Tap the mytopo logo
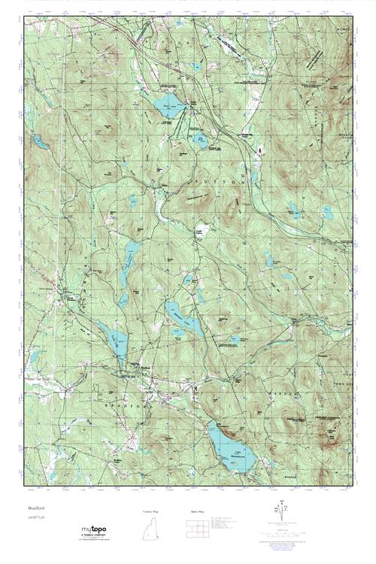(96, 532)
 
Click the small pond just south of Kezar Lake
(200, 138)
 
